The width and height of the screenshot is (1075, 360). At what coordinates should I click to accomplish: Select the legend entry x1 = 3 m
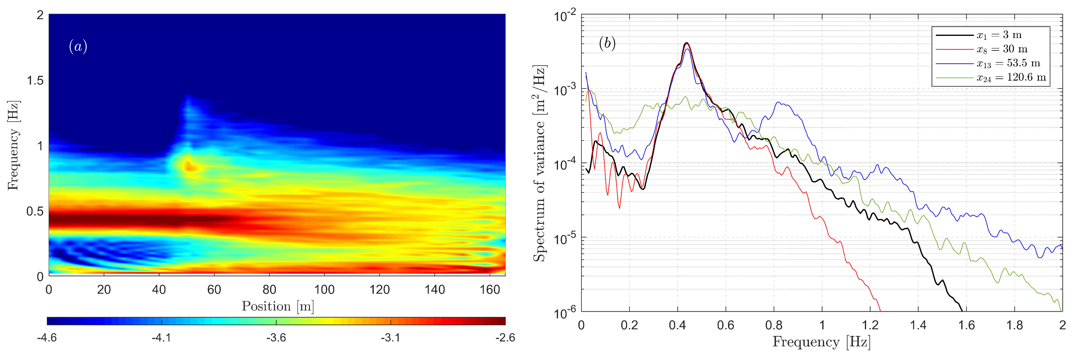999,35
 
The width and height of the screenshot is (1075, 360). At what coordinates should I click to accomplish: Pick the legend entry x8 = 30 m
1001,49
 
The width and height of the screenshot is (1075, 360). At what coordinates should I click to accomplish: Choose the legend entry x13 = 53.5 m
1008,64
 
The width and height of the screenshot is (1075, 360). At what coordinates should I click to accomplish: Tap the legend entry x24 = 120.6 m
1011,78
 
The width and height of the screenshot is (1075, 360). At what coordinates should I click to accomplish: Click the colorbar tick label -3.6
276,337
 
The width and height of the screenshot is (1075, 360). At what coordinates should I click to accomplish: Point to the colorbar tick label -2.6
505,337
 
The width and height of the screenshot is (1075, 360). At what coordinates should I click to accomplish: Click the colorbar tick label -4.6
47,337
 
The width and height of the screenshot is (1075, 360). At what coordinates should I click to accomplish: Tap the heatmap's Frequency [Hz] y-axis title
14,145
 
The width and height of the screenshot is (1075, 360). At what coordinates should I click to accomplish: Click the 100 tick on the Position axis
324,289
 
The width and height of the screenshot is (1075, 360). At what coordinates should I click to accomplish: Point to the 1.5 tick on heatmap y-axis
35,81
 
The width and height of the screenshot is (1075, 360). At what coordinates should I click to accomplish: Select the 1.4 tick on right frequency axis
918,325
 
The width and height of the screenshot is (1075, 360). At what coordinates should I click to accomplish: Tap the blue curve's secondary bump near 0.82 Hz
779,103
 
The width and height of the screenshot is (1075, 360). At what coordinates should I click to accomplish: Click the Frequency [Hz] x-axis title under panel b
821,342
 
